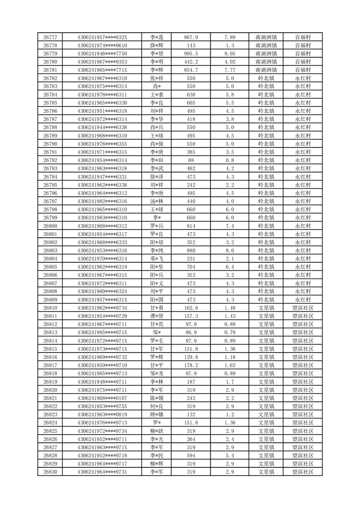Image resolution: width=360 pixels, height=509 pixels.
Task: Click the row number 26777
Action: click(x=50, y=37)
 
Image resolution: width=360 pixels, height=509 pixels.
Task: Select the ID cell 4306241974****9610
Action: click(x=102, y=45)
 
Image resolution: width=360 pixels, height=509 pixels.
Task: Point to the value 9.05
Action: click(x=230, y=54)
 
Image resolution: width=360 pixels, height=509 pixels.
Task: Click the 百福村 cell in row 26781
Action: click(x=303, y=70)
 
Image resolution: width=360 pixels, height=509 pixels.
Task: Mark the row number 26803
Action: click(x=50, y=250)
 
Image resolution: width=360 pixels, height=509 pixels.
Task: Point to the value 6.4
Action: click(x=230, y=267)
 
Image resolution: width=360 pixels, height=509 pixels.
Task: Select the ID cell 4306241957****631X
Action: click(x=102, y=300)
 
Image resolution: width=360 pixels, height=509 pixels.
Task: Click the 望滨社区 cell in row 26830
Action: click(x=303, y=472)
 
